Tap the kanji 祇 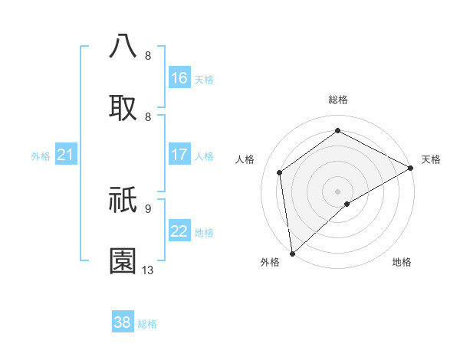[123, 200]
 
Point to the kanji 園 [123, 261]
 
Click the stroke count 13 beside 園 [148, 270]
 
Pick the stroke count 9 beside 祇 [148, 208]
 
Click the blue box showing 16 [179, 78]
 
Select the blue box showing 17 [179, 155]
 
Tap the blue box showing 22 [179, 231]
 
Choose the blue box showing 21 [66, 155]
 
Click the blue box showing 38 [123, 322]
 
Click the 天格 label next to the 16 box [204, 79]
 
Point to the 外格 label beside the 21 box [41, 156]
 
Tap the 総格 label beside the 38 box [147, 323]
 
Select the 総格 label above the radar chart [338, 100]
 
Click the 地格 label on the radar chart [402, 262]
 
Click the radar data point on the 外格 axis [292, 254]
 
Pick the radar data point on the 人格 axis [280, 172]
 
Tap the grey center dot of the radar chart [338, 191]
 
